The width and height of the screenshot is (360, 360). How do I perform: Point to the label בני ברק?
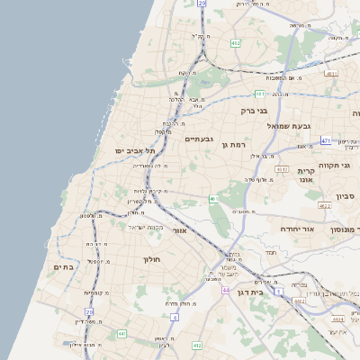[256, 111]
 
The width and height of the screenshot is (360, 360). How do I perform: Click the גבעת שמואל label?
[288, 125]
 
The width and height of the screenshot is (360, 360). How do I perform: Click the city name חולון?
[150, 259]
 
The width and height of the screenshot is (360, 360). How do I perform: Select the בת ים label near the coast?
[63, 266]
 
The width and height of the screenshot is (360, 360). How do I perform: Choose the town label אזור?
[179, 230]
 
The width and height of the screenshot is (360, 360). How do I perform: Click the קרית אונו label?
[306, 175]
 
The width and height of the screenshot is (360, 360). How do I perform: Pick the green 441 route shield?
[121, 334]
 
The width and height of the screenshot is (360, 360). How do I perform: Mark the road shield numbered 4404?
[337, 319]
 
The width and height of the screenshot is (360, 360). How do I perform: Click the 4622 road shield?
[325, 205]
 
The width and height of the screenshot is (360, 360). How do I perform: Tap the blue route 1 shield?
[279, 291]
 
